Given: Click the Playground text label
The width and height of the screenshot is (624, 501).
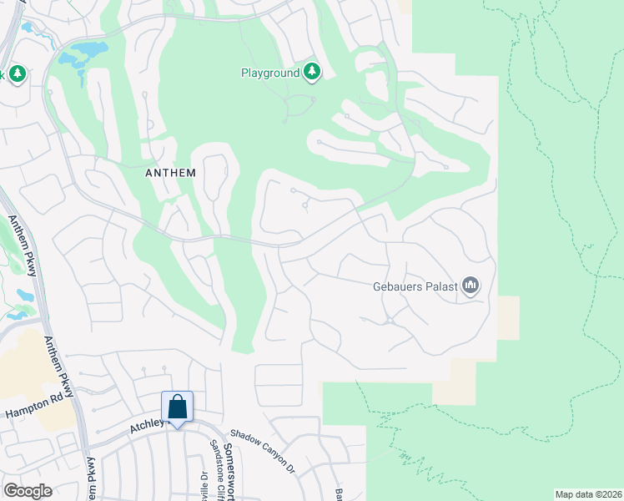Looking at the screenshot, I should click(270, 73).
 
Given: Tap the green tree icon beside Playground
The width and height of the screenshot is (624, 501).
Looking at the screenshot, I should click(312, 73).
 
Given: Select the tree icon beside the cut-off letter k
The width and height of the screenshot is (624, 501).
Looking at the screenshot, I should click(17, 74).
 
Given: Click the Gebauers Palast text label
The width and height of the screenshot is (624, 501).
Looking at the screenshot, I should click(415, 286).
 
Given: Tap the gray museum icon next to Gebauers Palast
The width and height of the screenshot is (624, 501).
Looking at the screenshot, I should click(471, 286).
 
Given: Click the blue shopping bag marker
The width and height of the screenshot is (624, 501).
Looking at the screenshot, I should click(178, 408).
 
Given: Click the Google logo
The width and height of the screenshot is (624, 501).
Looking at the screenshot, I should click(27, 491).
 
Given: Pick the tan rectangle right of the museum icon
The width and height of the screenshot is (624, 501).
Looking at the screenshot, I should click(507, 317).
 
